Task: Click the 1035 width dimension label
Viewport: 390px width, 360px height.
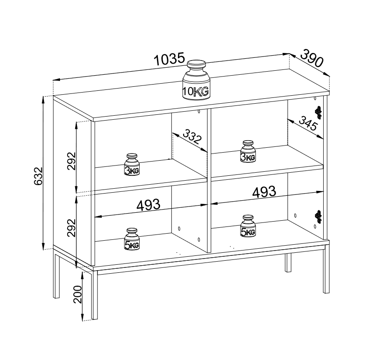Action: (x=169, y=59)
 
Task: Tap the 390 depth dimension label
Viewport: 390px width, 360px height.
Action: (x=312, y=58)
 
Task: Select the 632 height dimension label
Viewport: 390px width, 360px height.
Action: (x=38, y=176)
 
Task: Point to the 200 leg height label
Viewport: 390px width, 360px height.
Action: (x=78, y=294)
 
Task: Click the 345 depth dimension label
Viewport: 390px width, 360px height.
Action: (x=308, y=123)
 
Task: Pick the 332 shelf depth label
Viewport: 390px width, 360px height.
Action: (x=192, y=137)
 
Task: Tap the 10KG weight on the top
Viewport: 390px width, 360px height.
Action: (x=196, y=80)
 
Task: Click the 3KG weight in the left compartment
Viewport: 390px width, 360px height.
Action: (x=132, y=164)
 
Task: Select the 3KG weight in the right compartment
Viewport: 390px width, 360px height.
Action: (x=248, y=151)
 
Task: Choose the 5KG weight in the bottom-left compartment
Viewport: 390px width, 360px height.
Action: (x=132, y=239)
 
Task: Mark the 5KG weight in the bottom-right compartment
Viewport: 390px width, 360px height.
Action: (x=248, y=226)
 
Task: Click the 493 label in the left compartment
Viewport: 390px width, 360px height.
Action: (x=149, y=205)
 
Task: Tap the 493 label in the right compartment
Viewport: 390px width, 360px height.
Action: (x=264, y=192)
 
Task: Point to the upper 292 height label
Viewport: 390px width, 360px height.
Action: (x=72, y=161)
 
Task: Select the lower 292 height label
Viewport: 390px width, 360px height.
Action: (x=72, y=227)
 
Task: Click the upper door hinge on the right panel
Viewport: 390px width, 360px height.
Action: (x=318, y=113)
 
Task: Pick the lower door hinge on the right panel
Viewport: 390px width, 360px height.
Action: (x=318, y=217)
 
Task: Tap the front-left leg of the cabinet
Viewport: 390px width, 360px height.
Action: (x=95, y=295)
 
